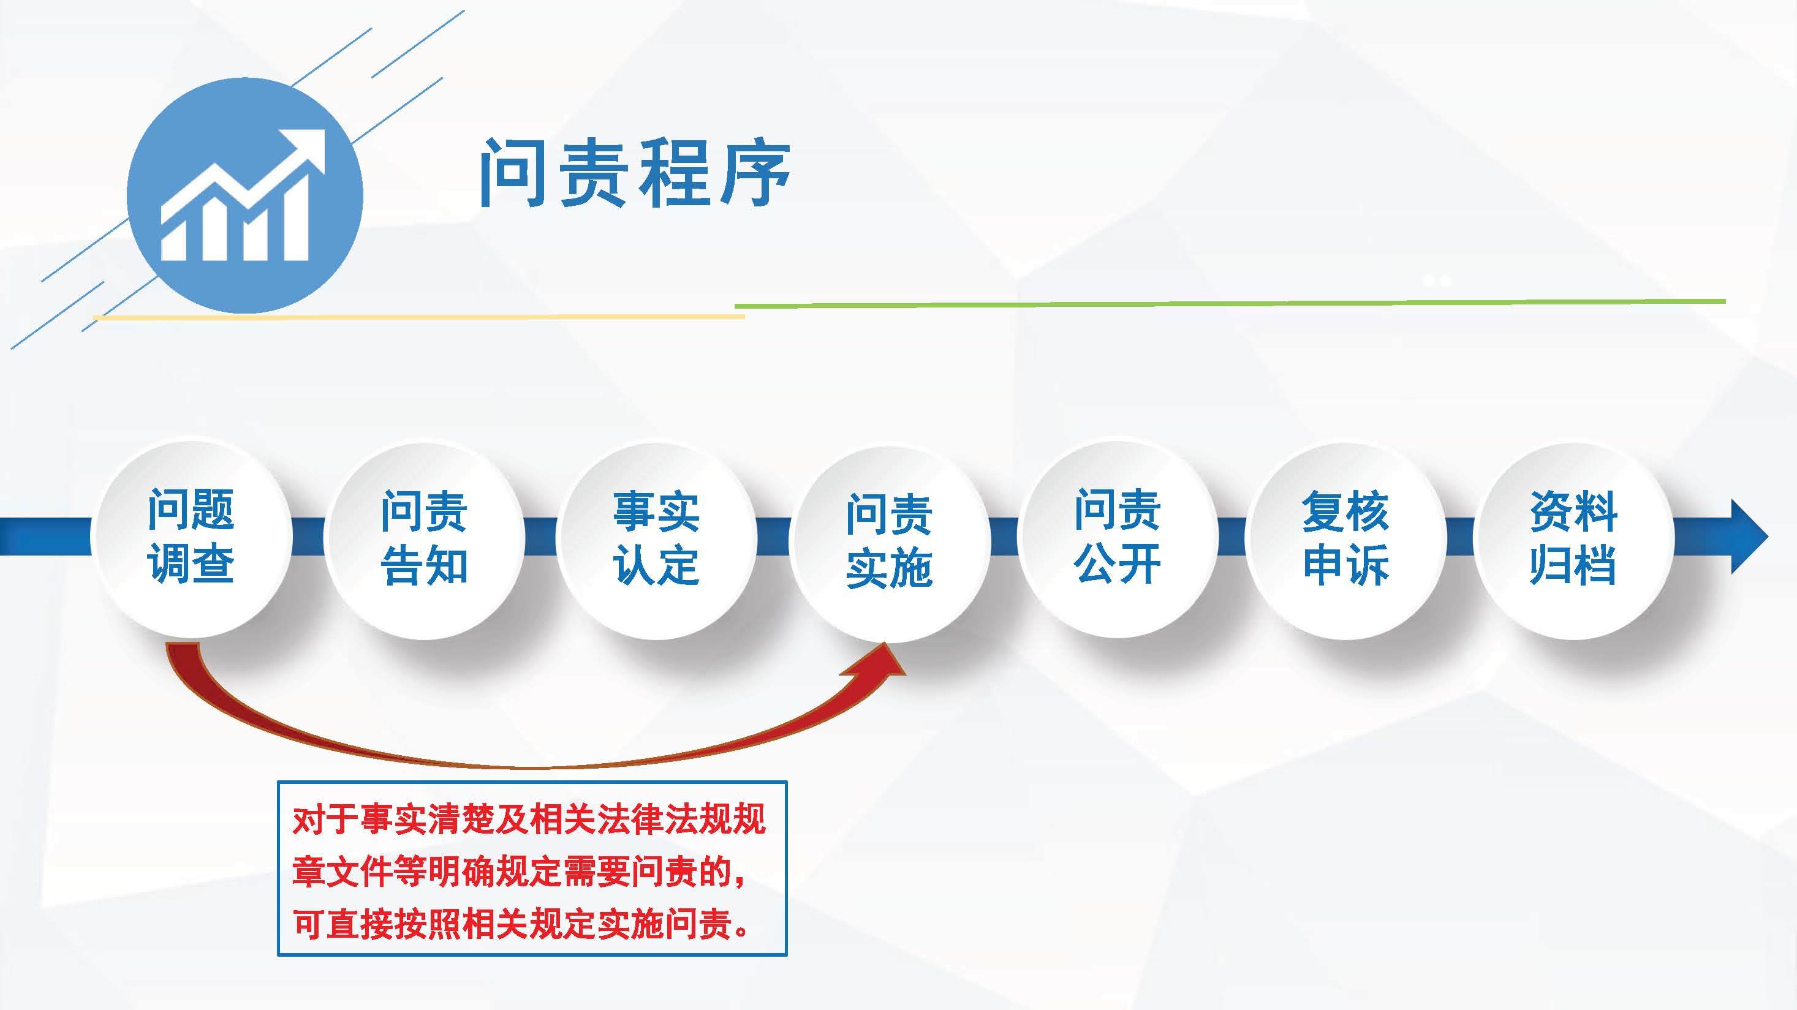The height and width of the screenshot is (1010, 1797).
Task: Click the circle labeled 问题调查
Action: pos(191,537)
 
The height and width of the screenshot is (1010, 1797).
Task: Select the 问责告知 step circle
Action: pos(423,538)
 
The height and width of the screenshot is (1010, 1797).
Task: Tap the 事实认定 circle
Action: pos(656,538)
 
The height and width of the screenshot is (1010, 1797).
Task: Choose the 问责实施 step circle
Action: pos(889,541)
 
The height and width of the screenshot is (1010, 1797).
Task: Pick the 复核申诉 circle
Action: pos(1345,538)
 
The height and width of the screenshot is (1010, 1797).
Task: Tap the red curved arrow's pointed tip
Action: pos(885,643)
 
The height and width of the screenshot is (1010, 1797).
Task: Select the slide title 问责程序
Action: pos(634,174)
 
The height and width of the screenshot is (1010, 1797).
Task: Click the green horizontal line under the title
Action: pos(1230,303)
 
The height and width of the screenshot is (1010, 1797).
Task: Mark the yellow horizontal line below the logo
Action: pos(419,317)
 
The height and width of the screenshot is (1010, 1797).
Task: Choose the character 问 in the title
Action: pos(513,174)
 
